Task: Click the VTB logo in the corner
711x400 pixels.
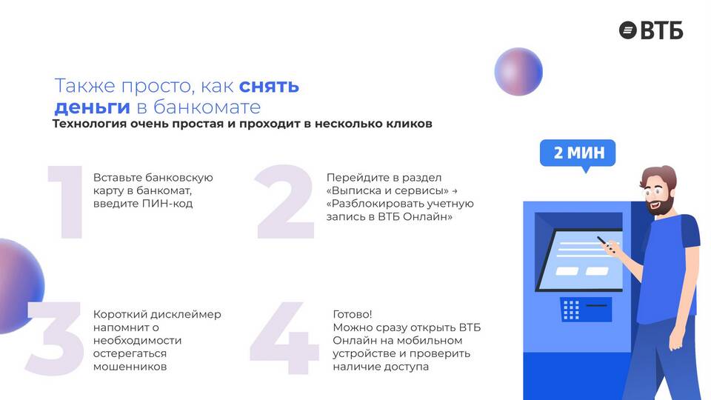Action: [x=651, y=30]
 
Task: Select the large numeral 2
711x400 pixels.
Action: [x=284, y=201]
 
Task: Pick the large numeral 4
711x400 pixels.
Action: [x=284, y=338]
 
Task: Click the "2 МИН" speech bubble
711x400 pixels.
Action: [x=578, y=154]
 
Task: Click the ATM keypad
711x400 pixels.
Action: [x=571, y=310]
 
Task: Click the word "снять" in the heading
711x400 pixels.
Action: [x=269, y=86]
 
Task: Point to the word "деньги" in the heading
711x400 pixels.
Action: [x=92, y=107]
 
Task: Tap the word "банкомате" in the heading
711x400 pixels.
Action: [x=207, y=107]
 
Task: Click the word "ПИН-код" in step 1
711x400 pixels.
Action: [x=167, y=204]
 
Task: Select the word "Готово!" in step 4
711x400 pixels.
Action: [x=353, y=314]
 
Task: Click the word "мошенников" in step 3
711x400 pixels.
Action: [x=130, y=367]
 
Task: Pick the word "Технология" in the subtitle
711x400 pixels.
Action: [x=90, y=124]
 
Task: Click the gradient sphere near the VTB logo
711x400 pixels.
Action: [x=518, y=72]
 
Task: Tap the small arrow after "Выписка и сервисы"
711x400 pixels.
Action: [x=455, y=191]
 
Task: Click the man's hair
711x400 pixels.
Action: [x=661, y=176]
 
